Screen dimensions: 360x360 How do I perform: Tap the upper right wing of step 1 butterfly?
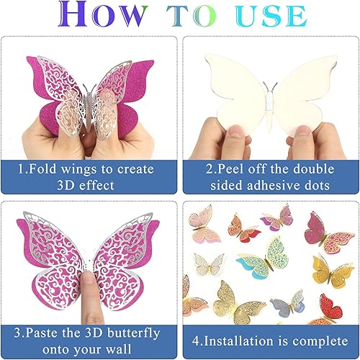point(122,79)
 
